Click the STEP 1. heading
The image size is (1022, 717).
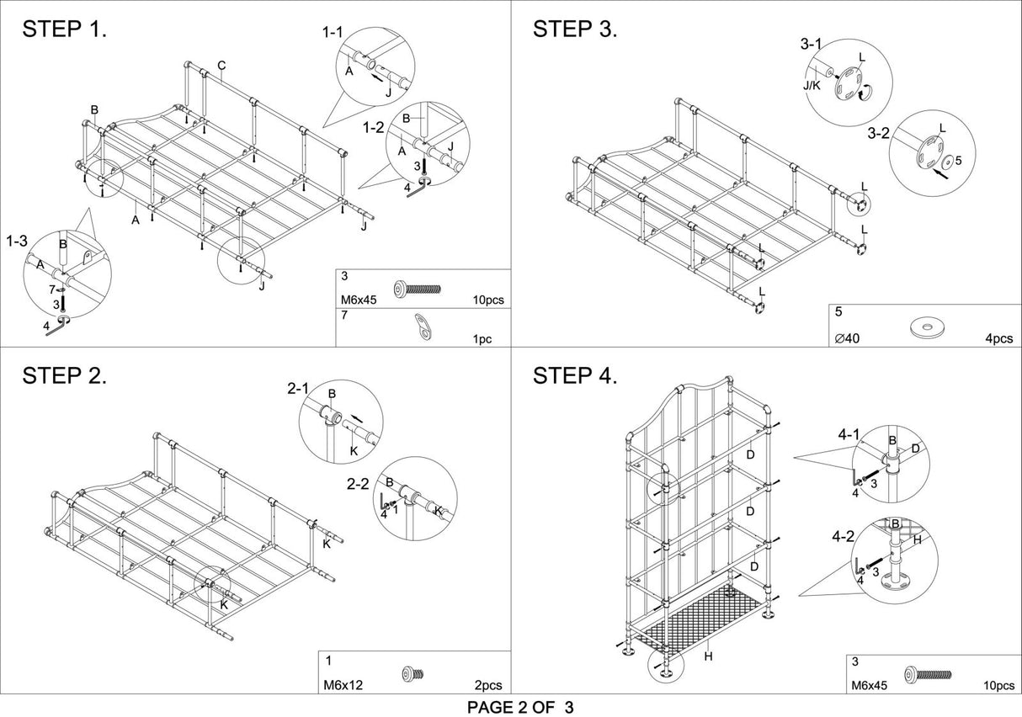[x=64, y=29]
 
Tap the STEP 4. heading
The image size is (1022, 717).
[x=575, y=376]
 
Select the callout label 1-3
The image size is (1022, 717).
[x=17, y=241]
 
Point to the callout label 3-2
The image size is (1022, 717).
[x=878, y=133]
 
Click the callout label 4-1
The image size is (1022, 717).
[x=849, y=435]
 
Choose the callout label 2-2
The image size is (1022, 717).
[x=358, y=484]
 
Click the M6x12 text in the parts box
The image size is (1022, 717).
[x=343, y=686]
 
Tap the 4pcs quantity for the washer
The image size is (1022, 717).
[x=999, y=338]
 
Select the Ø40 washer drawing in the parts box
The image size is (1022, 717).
[x=927, y=327]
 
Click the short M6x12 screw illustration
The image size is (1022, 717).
[x=413, y=674]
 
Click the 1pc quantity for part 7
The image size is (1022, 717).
[x=482, y=339]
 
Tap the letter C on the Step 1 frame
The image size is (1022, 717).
[x=221, y=66]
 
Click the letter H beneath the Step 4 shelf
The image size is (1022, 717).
[x=708, y=656]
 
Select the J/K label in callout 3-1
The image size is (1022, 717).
[x=812, y=85]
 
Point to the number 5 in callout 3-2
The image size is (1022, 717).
[x=958, y=161]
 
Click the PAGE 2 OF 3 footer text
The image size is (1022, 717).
[x=520, y=707]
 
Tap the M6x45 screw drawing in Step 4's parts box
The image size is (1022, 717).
[x=928, y=675]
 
